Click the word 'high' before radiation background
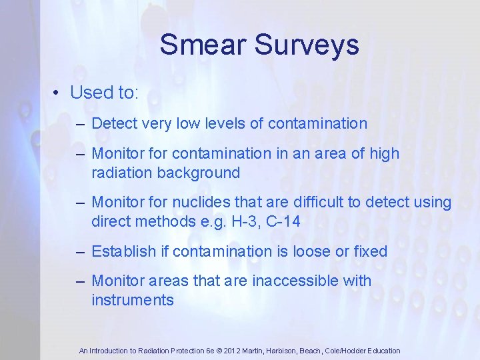tap(385, 153)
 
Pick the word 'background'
tap(199, 173)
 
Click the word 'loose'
tap(317, 251)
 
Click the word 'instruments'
tap(133, 300)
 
